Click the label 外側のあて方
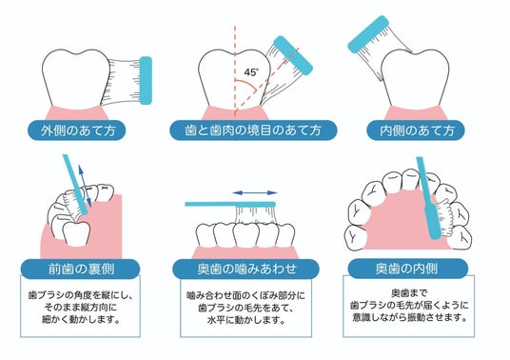78,130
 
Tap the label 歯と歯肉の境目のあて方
253,130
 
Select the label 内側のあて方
417,130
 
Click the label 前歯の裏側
81,270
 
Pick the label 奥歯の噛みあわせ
246,270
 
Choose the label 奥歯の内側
406,269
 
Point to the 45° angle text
251,72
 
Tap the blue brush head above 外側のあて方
146,81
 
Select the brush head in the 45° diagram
293,55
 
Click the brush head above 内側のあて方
368,34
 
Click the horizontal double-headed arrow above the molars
255,193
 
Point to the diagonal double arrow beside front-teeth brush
85,186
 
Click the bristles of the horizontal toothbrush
256,216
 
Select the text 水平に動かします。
246,320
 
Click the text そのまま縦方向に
80,308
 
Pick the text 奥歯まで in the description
409,293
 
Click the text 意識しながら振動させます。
409,317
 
